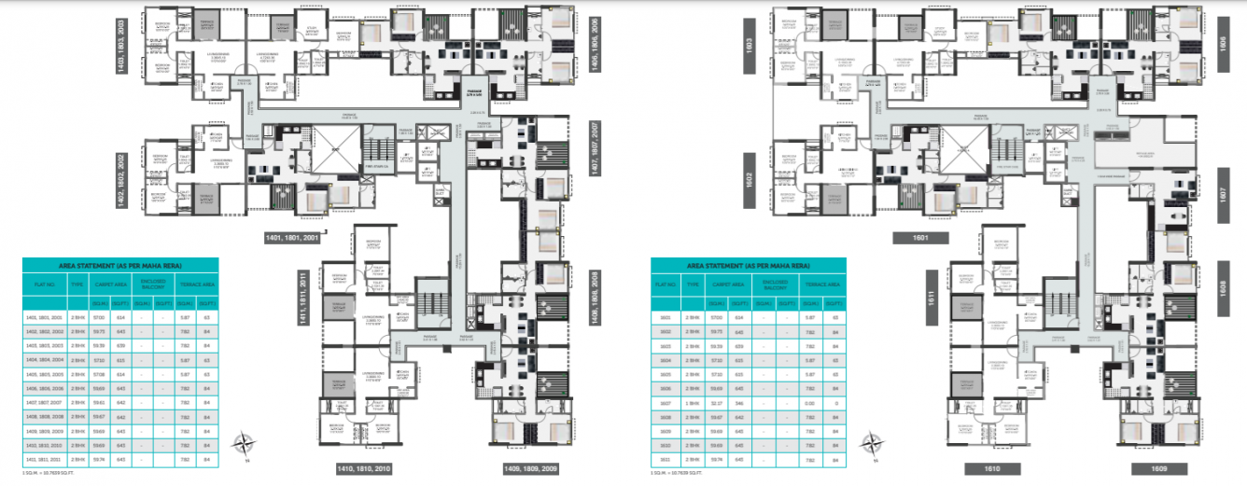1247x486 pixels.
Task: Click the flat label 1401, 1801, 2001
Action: (291, 238)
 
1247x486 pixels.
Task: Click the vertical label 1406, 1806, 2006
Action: (596, 44)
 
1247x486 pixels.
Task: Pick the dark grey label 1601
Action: (920, 238)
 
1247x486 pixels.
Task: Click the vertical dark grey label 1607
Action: (1223, 196)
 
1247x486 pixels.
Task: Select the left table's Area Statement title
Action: (120, 266)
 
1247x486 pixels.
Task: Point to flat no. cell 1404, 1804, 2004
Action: (46, 359)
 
